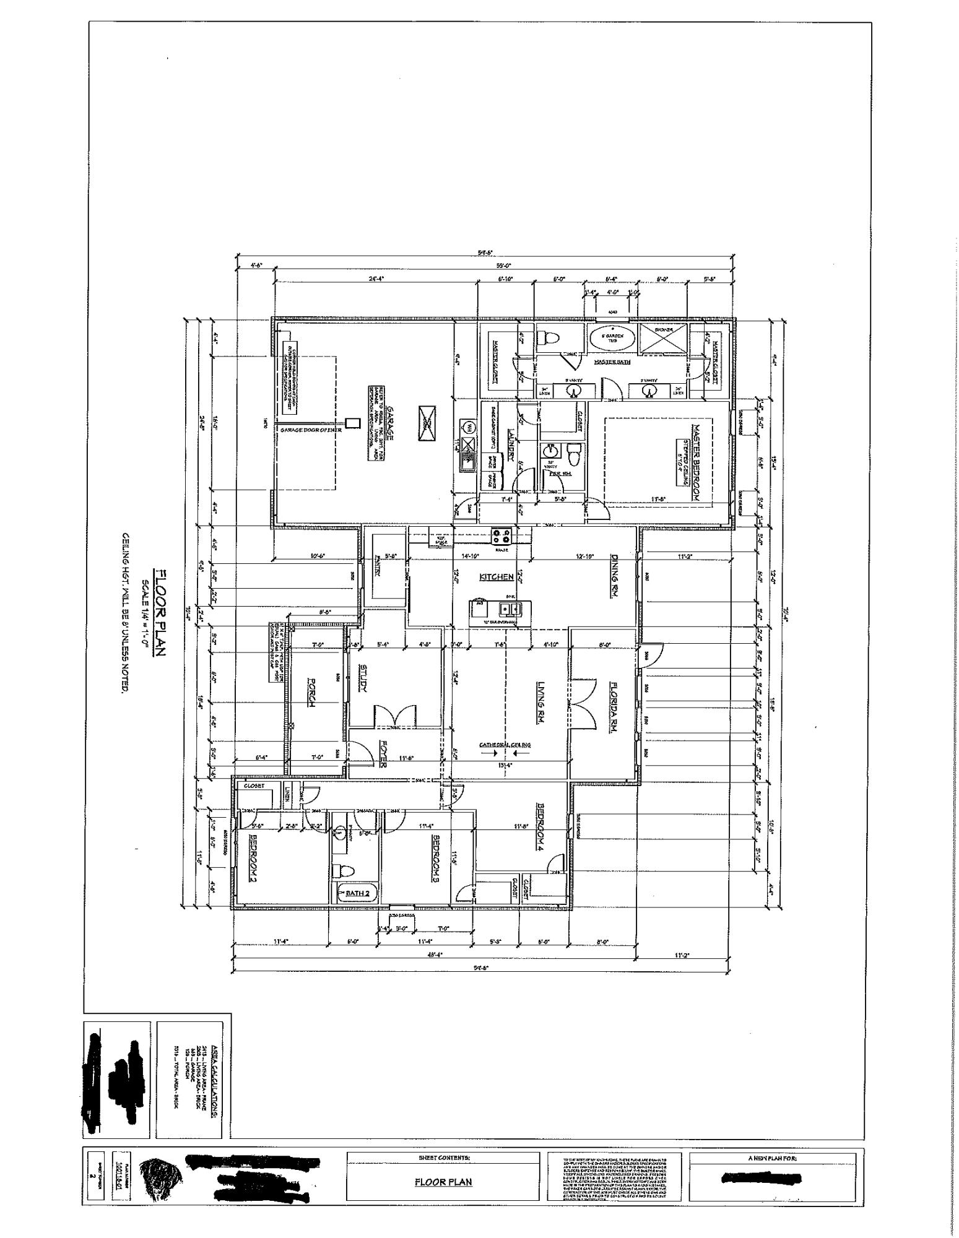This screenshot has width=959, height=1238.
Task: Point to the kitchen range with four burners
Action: click(x=501, y=534)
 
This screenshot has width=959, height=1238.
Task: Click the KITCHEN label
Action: click(x=497, y=577)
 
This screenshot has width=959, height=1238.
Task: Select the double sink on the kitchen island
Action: click(x=509, y=608)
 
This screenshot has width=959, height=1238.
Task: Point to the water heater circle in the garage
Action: click(x=469, y=426)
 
